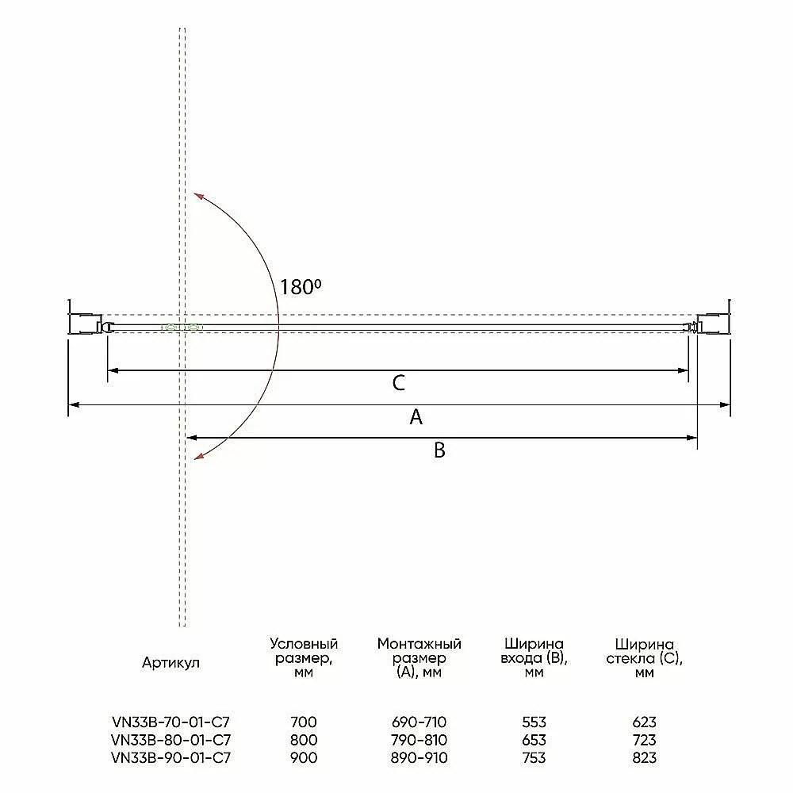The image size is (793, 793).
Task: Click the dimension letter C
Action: tap(399, 383)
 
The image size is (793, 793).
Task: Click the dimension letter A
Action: tap(416, 417)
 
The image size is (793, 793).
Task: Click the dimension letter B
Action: tap(439, 450)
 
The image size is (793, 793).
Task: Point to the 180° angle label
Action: tap(301, 287)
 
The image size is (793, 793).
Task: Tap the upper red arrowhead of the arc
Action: tap(197, 196)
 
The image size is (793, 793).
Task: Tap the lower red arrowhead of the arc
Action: tap(199, 457)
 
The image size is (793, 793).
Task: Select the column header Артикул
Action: tap(171, 662)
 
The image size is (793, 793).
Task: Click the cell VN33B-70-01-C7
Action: tap(171, 722)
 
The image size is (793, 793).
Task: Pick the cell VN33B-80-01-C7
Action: tap(171, 740)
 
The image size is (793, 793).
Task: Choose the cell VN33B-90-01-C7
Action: tap(171, 757)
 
